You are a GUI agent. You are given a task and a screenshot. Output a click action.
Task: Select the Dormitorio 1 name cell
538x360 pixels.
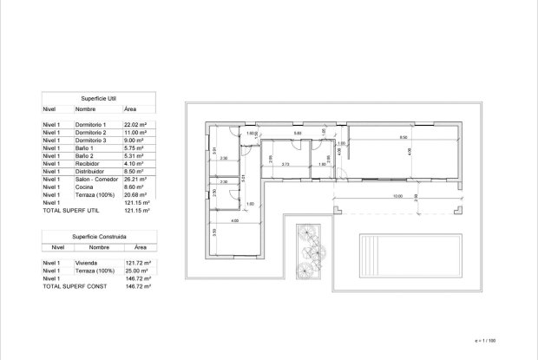pos(93,126)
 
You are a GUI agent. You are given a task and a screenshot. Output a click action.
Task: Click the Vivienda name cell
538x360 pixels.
pos(89,262)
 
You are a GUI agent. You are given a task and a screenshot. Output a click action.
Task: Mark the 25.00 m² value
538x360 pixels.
pos(138,270)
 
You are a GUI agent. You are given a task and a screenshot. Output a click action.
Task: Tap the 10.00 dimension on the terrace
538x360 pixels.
pos(397,196)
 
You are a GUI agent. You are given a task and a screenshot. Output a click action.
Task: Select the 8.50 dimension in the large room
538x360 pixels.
pos(403,138)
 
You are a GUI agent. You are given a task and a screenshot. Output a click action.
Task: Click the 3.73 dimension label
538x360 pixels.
pos(284,164)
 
